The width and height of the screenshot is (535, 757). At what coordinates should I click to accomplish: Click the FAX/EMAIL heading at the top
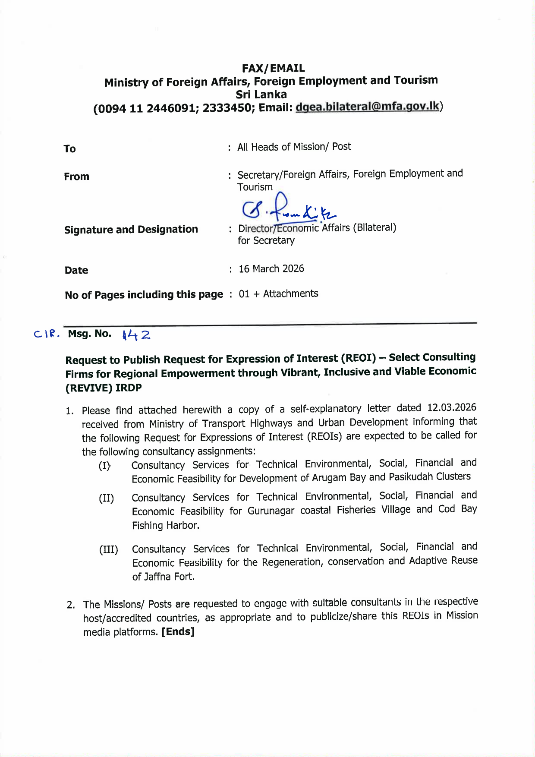coord(273,68)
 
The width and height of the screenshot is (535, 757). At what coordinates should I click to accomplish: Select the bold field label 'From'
coord(76,177)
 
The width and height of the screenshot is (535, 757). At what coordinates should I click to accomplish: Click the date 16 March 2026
coord(271,269)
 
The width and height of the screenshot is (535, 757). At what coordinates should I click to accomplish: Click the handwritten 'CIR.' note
coord(47,334)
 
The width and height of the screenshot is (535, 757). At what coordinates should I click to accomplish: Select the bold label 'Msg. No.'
coord(89,334)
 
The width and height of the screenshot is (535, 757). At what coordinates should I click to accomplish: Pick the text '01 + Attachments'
coord(278,294)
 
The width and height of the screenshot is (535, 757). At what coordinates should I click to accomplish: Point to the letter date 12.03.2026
coord(451,408)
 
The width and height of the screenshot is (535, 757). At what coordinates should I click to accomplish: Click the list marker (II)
coord(106,498)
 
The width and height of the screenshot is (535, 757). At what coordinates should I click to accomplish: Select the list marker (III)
coord(108,550)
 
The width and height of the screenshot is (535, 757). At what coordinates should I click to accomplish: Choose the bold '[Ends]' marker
coord(178,632)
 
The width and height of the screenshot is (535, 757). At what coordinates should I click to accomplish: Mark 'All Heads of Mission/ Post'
coord(294,147)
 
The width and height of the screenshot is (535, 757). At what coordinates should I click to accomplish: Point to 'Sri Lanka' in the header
coord(261,95)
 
